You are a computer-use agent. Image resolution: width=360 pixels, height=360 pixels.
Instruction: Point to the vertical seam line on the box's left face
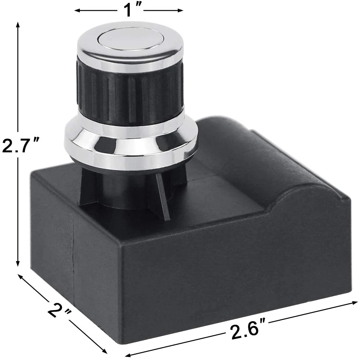pos(74,248)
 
